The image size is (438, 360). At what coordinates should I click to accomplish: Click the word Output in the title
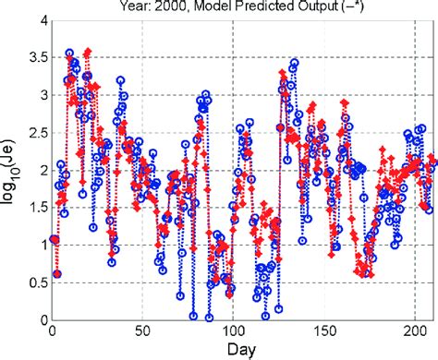(310, 6)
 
